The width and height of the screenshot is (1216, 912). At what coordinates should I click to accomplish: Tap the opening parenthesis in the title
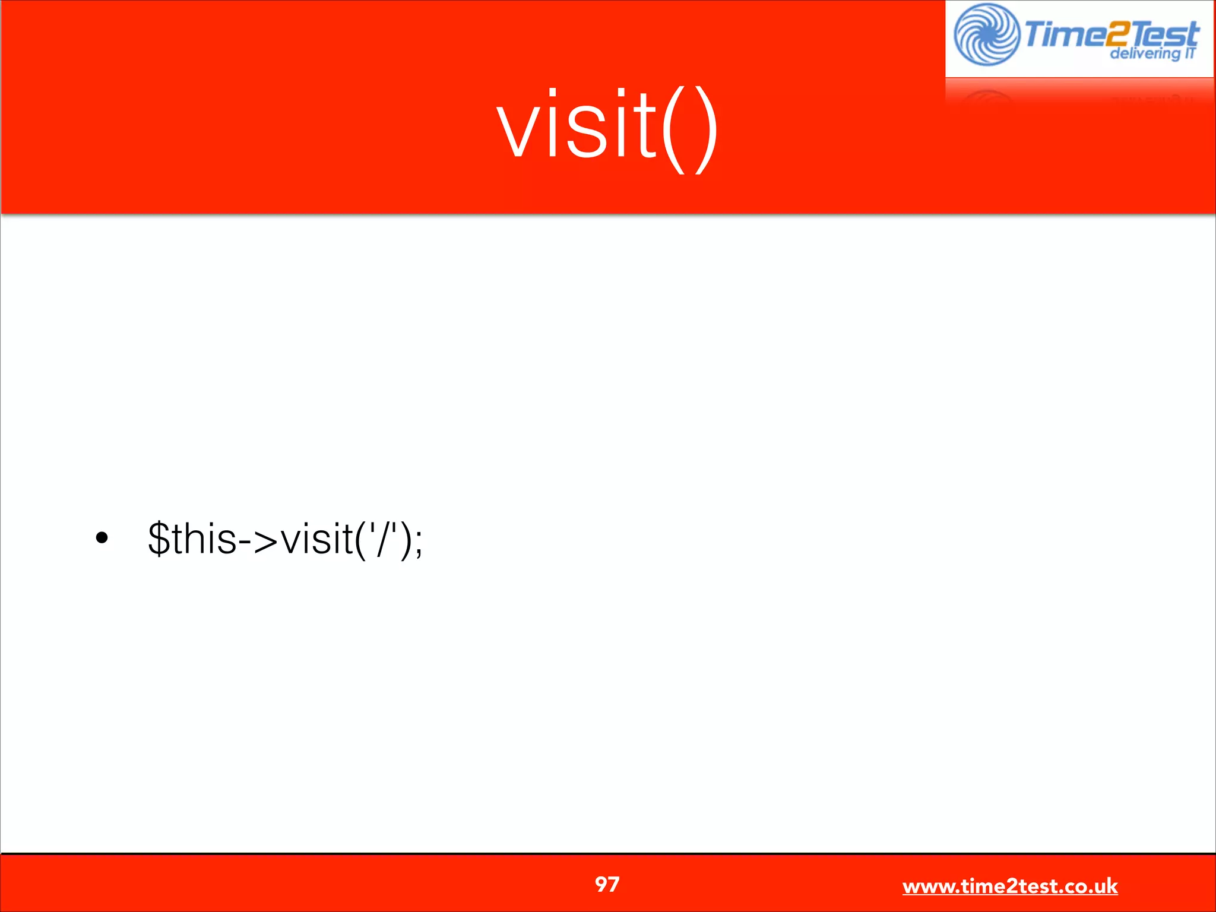[x=674, y=131]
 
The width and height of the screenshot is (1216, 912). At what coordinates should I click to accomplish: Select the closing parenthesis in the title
[x=705, y=131]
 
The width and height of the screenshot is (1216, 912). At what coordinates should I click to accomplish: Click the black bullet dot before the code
[x=102, y=539]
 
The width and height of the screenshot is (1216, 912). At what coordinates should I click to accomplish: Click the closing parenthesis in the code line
[x=406, y=541]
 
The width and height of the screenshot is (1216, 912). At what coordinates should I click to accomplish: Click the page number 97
[x=607, y=885]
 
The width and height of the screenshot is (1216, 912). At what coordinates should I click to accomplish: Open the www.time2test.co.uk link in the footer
[x=1009, y=886]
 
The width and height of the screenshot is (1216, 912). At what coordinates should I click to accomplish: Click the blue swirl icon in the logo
[x=986, y=34]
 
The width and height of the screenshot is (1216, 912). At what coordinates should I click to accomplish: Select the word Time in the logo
[x=1060, y=34]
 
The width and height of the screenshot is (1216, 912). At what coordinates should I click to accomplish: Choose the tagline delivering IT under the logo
[x=1152, y=53]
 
